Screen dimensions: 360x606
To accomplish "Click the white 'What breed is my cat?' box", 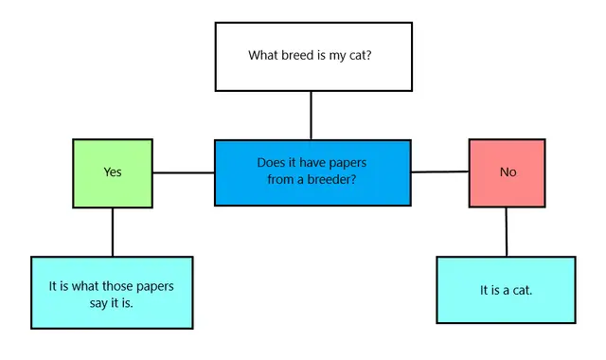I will click(313, 76).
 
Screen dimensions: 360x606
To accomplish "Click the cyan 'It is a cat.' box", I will click(506, 290).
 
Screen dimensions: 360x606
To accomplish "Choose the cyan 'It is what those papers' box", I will click(112, 292).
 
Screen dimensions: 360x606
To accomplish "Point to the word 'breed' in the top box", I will click(300, 55).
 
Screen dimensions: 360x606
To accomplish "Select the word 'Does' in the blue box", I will click(272, 163).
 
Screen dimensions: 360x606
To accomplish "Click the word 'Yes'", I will click(113, 172).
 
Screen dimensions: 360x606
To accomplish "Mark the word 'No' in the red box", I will click(508, 172).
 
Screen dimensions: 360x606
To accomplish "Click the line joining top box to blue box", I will click(311, 115).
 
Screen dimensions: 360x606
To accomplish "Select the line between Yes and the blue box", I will click(184, 173).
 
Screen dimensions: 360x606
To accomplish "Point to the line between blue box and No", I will click(440, 172).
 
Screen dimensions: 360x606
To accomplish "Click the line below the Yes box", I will click(113, 232).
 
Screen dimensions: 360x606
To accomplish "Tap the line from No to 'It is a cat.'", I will click(507, 232).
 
